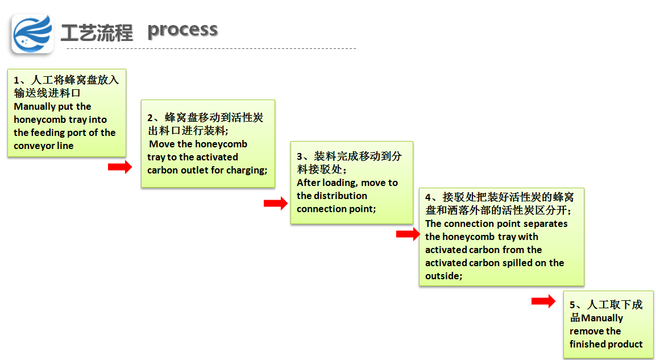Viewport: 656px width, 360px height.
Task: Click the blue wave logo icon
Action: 32,34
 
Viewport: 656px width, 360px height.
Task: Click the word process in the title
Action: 182,30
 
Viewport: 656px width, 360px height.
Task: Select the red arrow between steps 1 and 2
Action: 119,167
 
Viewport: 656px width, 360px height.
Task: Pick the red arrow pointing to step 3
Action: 276,204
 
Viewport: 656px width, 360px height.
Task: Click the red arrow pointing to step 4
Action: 408,234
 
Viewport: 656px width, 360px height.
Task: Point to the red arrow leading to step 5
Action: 543,301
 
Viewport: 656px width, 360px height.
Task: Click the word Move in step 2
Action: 162,144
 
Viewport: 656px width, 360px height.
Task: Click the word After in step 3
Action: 309,183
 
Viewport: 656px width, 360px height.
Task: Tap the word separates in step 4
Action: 547,224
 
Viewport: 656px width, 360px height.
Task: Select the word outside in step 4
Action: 442,276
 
